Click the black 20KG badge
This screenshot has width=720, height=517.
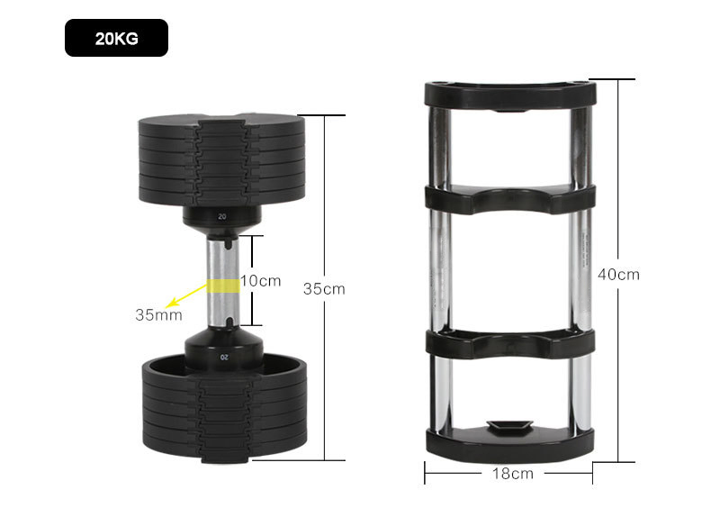tap(116, 38)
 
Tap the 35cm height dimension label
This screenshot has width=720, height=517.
tap(323, 289)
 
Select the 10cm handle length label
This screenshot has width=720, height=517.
tap(260, 280)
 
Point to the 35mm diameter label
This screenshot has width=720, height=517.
tap(158, 314)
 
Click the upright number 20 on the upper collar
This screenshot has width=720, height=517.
tap(221, 216)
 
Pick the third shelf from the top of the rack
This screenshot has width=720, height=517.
tap(509, 343)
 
